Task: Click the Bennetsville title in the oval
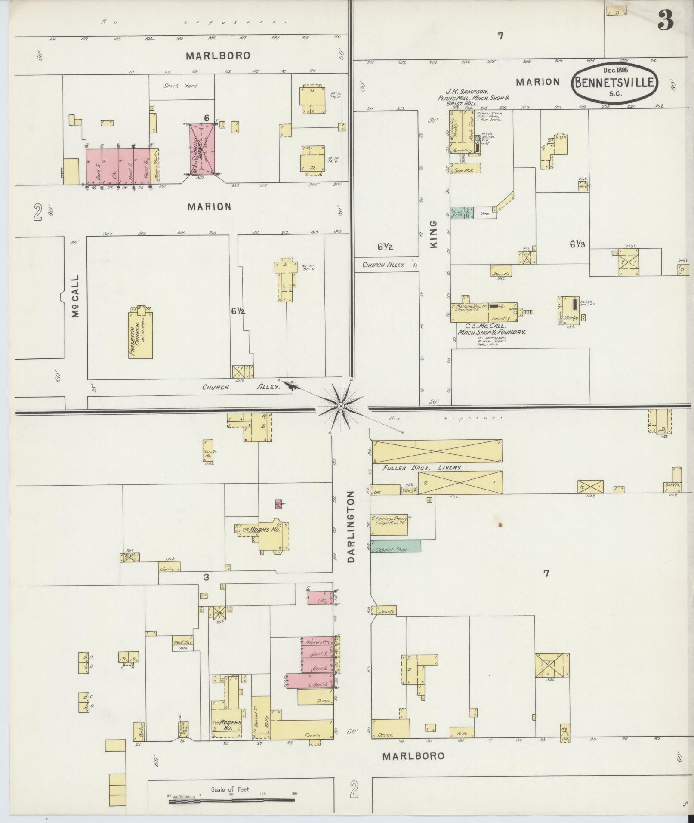(x=615, y=82)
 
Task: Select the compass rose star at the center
(x=341, y=405)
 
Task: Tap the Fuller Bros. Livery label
(x=422, y=467)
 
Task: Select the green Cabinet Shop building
(x=395, y=546)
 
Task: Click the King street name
(x=433, y=234)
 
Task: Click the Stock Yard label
(x=180, y=86)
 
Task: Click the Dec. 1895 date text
(x=615, y=70)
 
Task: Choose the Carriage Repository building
(x=389, y=525)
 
